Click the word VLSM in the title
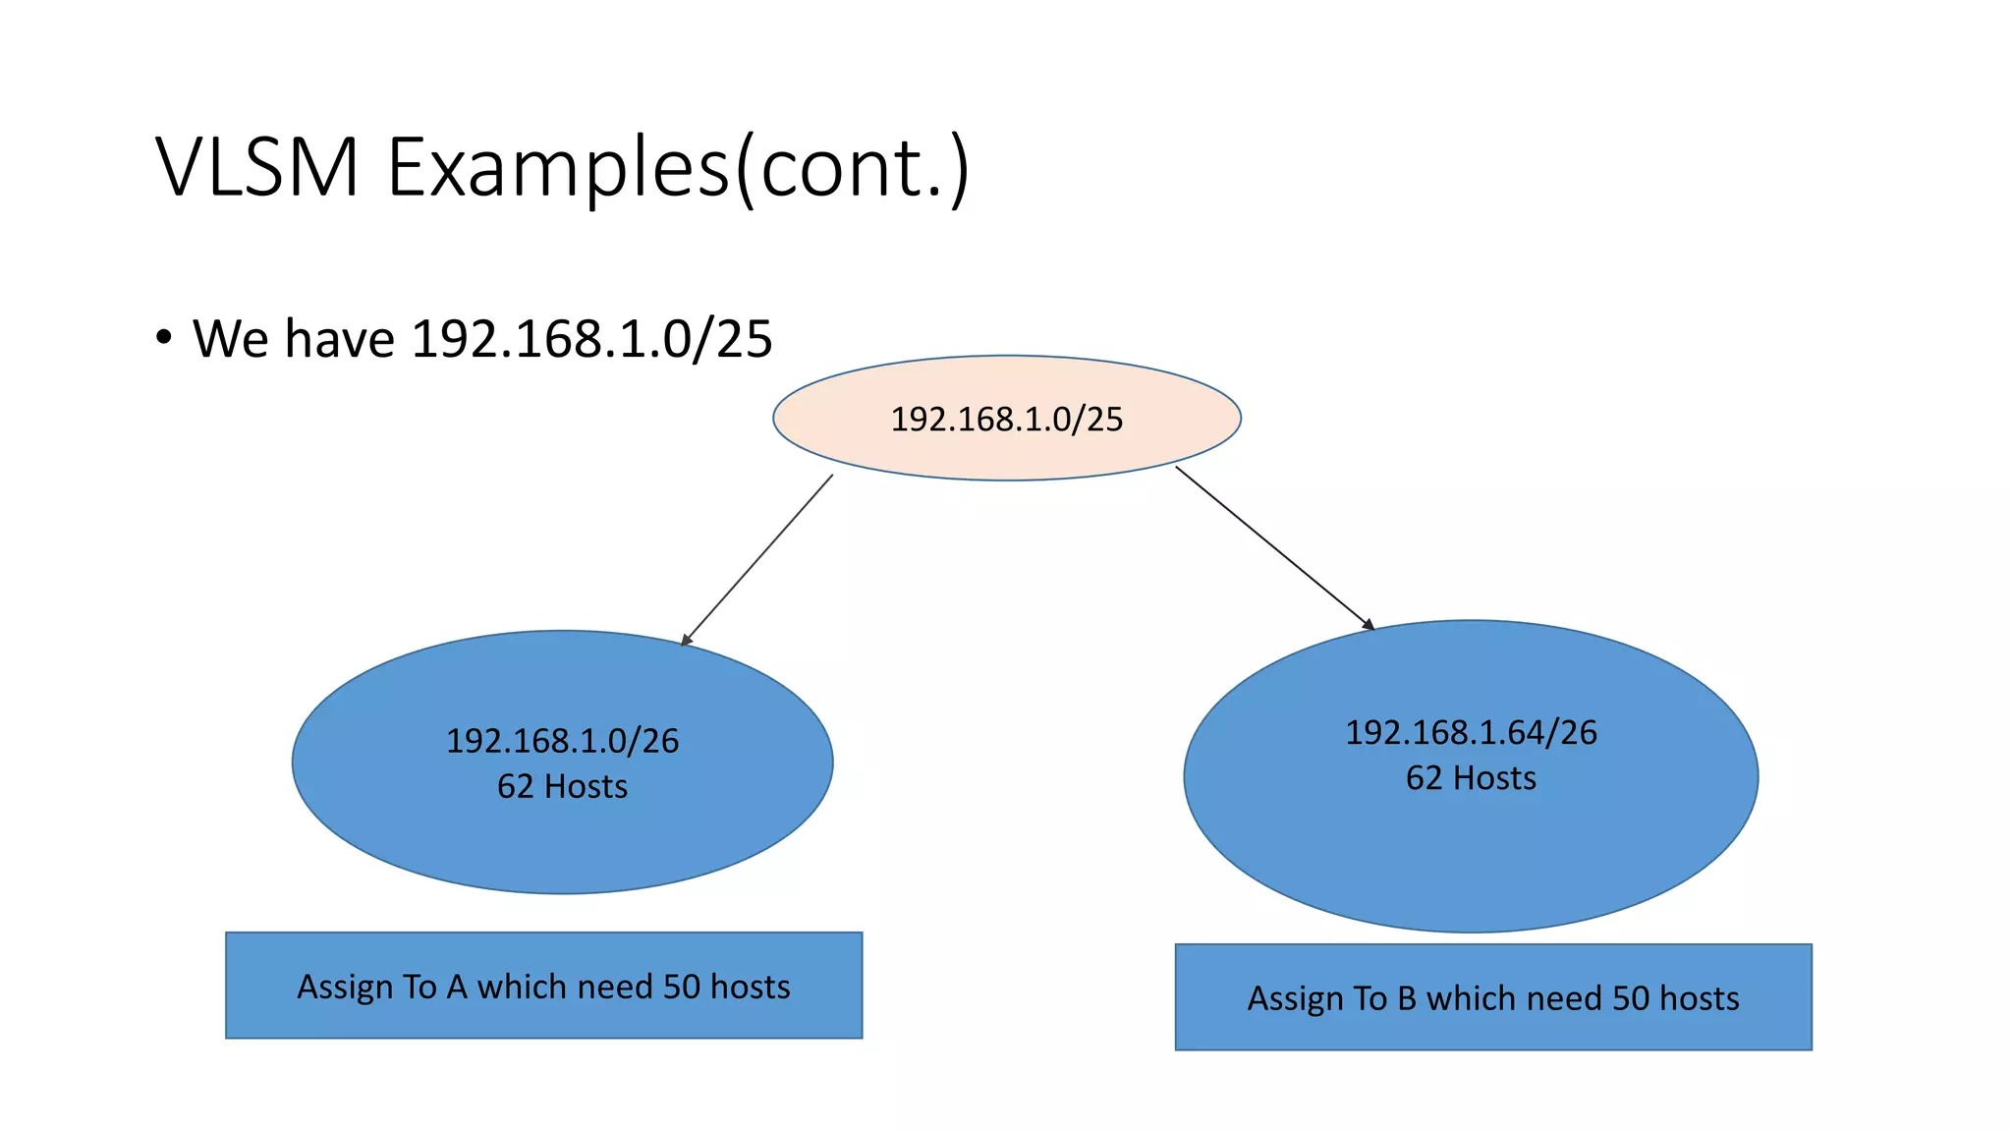[257, 167]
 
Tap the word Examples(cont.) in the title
[678, 167]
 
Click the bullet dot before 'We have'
[164, 337]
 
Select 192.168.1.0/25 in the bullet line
[591, 339]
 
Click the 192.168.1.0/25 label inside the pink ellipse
[1006, 420]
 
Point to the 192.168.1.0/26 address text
[562, 741]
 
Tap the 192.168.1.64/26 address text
[1471, 733]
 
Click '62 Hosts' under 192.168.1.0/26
[562, 787]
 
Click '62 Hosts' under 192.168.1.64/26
[1471, 778]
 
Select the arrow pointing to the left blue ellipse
[757, 560]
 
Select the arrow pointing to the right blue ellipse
[1274, 547]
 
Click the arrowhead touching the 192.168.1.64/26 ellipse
[1369, 624]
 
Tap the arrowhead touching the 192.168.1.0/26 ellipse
[687, 640]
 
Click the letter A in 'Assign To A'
[457, 987]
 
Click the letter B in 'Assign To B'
[1407, 998]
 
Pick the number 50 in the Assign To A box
[681, 987]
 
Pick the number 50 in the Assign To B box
[1631, 998]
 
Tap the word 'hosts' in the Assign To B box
[1700, 998]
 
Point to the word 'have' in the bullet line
[340, 339]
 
